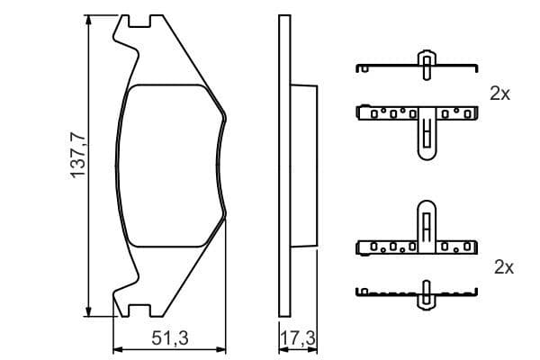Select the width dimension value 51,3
click(x=169, y=338)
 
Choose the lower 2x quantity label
click(x=503, y=267)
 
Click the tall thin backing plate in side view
click(x=283, y=167)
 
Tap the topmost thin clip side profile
click(x=416, y=66)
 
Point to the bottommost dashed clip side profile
click(x=416, y=291)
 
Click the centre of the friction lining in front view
click(x=171, y=167)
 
